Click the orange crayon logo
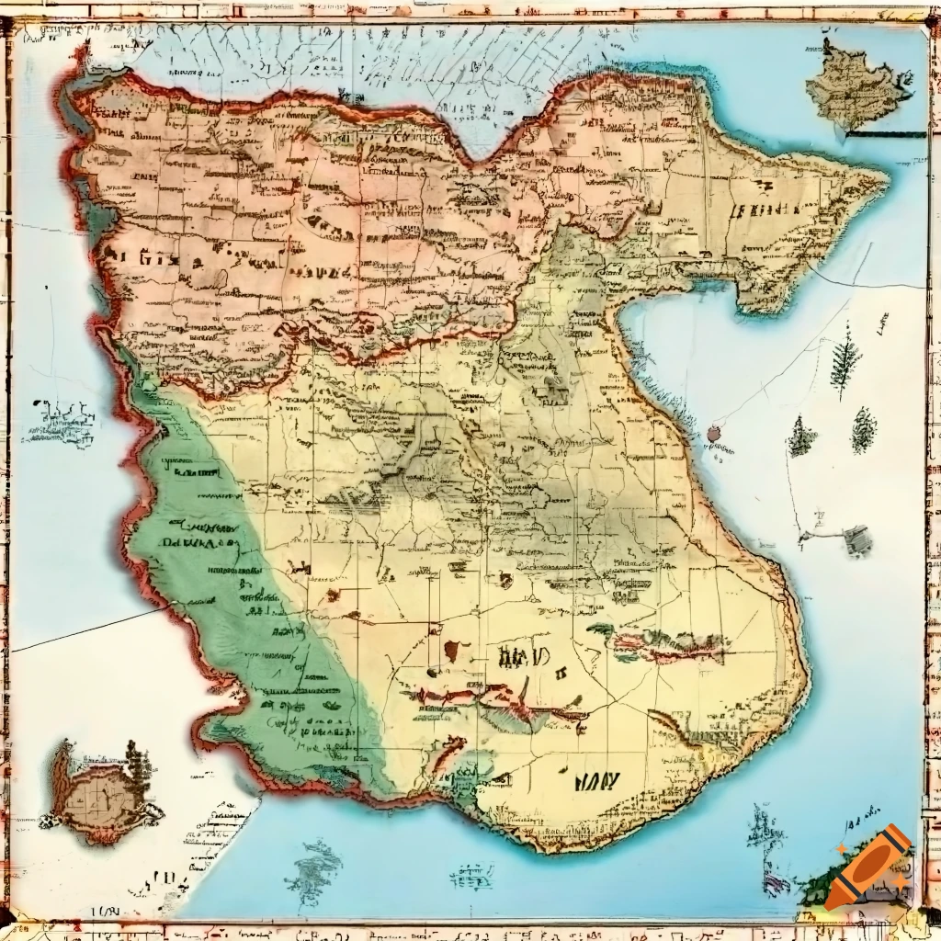(868, 867)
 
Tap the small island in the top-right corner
(856, 86)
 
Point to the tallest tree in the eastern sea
(844, 360)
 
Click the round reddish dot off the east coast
(714, 433)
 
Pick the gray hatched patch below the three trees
(857, 540)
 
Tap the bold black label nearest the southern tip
(597, 782)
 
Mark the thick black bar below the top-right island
(886, 135)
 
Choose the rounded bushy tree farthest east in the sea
(864, 429)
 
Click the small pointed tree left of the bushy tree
(802, 436)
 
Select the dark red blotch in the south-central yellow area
(452, 651)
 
